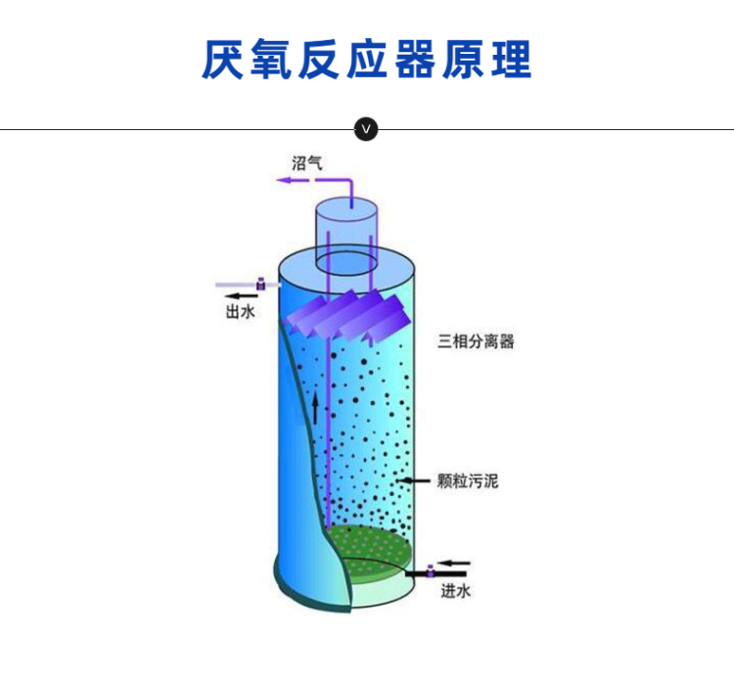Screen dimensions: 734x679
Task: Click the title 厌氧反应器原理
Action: pos(367,60)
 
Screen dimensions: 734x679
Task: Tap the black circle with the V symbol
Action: pos(366,129)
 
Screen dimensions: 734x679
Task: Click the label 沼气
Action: pos(306,162)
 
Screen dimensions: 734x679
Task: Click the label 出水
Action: pos(240,311)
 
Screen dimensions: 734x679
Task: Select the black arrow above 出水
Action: pos(241,295)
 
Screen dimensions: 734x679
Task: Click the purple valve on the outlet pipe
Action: pos(261,284)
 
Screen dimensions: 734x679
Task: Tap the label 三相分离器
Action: pos(476,341)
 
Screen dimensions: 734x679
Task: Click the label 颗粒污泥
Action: pos(468,480)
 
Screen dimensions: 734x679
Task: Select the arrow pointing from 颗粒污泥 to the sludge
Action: pos(413,480)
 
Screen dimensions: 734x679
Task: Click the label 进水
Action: pos(455,591)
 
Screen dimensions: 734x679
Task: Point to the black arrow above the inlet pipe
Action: pos(453,563)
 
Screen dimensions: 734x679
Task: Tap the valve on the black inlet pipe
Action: pos(431,571)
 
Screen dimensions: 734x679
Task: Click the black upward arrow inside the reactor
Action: pos(315,407)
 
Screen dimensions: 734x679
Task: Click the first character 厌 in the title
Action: pos(222,60)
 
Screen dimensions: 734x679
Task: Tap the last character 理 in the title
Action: pos(512,60)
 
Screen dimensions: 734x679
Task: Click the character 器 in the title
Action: pos(415,60)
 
